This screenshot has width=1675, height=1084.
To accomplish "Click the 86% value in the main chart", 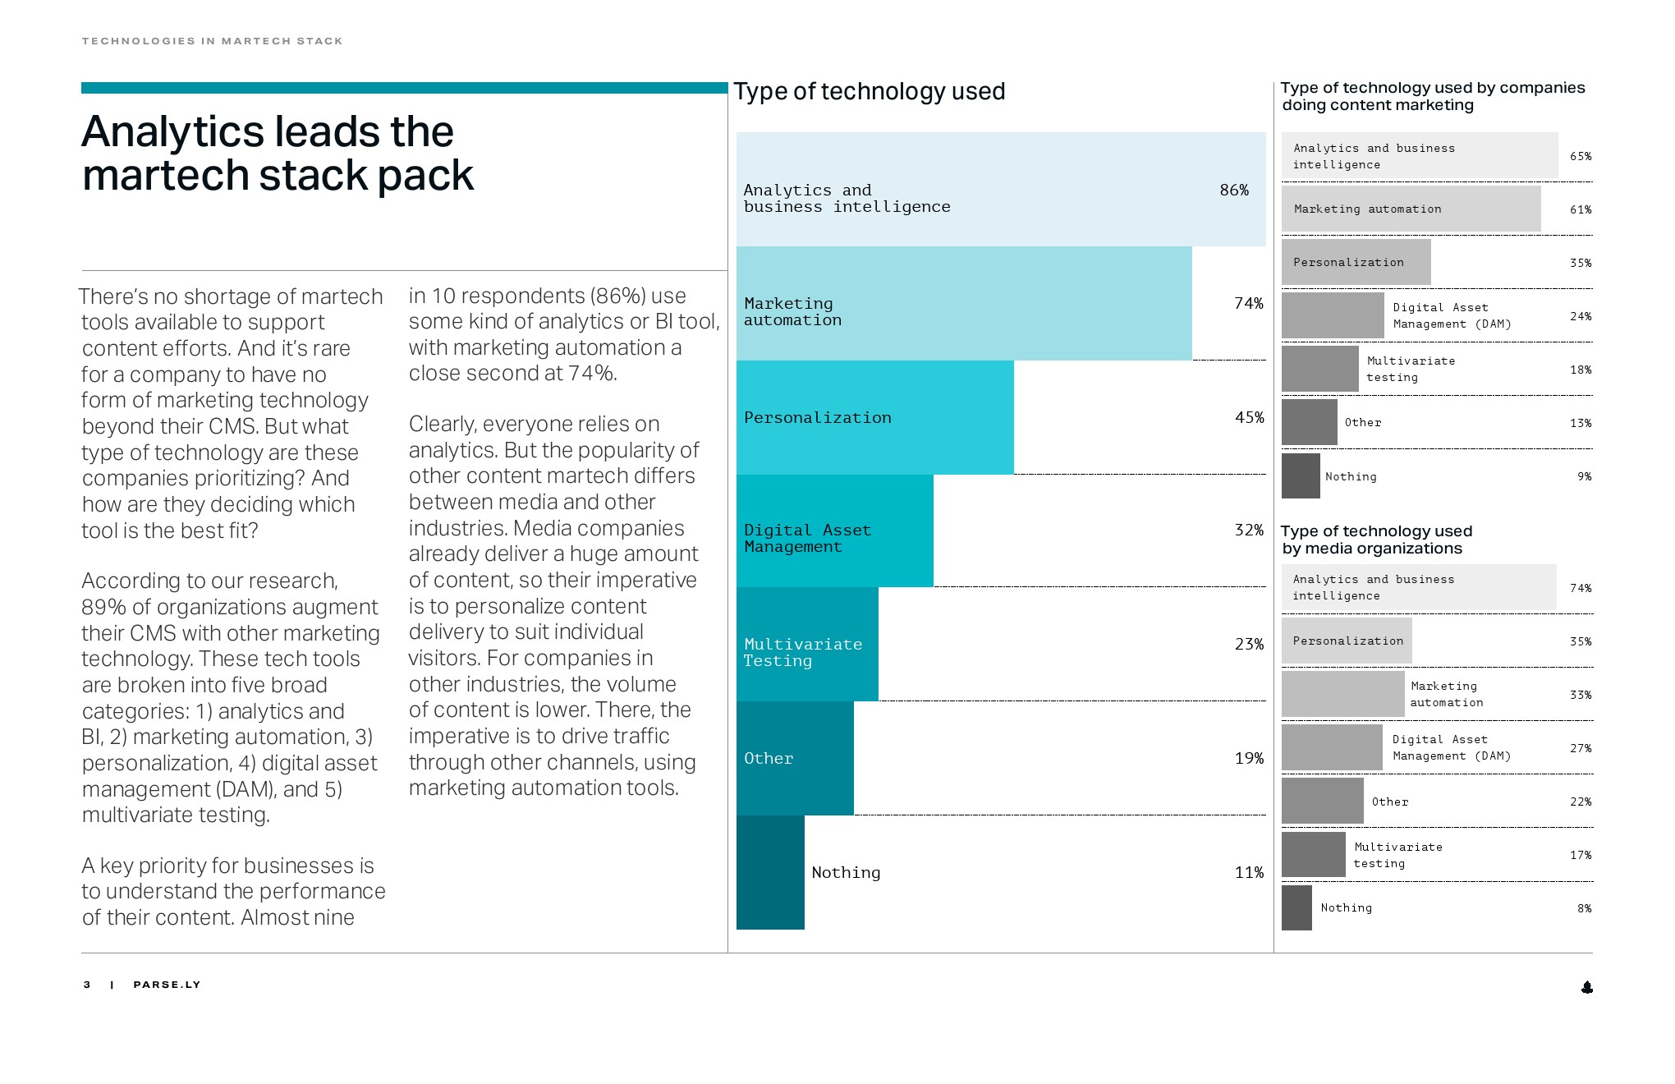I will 1233,191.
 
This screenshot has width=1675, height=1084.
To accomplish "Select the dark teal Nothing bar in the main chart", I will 770,872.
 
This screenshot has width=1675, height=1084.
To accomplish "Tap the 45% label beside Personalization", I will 1249,417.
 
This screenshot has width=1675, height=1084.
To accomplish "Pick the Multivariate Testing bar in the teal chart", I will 807,645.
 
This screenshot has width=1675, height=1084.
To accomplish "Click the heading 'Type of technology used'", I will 869,91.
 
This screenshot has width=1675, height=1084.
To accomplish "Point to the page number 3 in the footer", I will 87,985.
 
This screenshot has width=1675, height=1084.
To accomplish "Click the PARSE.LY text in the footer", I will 167,985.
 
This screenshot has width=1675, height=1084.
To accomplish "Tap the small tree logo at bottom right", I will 1586,987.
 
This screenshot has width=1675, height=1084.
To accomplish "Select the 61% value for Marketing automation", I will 1580,209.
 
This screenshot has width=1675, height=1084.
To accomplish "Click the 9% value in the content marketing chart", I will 1584,476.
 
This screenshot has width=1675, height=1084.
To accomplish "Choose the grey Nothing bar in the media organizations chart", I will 1296,907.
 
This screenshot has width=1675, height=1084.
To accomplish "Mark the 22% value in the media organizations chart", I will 1580,802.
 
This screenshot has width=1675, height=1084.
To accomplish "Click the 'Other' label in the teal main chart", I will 769,759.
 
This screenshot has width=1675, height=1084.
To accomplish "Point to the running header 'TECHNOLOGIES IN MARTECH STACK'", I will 212,41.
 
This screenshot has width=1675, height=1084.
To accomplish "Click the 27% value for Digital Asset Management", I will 1580,748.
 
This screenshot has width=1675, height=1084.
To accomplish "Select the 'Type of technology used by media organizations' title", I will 1376,540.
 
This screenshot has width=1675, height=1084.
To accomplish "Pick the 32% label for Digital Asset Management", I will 1248,530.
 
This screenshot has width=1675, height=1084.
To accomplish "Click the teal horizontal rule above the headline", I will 404,88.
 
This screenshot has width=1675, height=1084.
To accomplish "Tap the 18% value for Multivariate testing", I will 1580,370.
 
